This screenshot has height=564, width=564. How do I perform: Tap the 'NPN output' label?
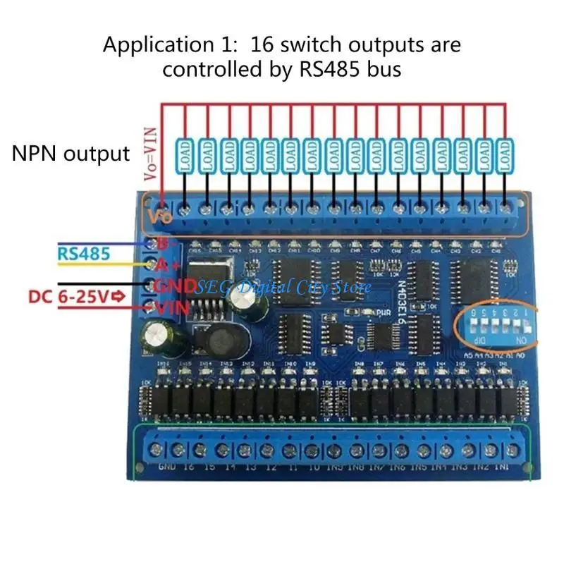point(71,154)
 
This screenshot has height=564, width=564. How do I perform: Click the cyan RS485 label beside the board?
point(84,252)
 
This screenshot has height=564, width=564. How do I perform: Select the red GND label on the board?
point(171,286)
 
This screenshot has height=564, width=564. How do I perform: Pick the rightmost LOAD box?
point(504,156)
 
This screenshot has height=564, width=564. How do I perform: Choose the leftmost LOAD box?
point(185,156)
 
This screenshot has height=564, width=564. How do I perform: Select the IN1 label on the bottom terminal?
point(503,467)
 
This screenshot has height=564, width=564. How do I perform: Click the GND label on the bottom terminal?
point(167,467)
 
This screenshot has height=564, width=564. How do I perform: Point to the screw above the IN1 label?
point(510,450)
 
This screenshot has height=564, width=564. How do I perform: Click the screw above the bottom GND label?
point(157,450)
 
